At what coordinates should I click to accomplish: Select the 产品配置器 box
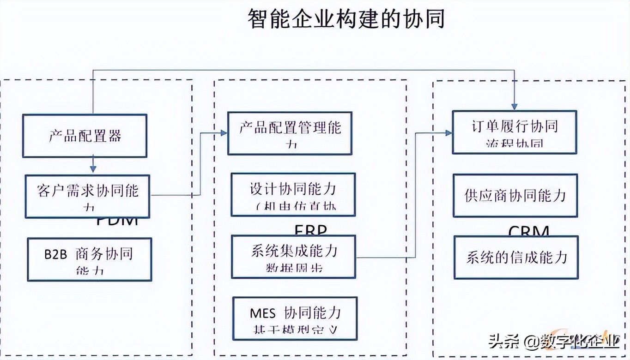(85, 136)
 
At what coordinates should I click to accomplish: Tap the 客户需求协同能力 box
(87, 196)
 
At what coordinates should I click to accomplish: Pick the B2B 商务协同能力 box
(89, 259)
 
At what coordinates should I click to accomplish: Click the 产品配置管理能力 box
(290, 133)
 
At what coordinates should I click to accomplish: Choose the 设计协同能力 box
(293, 194)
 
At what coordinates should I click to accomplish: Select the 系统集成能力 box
(293, 257)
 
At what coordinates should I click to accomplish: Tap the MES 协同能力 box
(295, 318)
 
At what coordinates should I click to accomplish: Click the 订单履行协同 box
(514, 132)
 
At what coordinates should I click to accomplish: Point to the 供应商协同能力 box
(515, 195)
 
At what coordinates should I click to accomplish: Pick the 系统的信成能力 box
(516, 258)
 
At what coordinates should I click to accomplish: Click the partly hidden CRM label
(529, 230)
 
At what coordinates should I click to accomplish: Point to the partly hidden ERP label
(310, 229)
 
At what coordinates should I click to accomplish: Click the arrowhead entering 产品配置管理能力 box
(224, 133)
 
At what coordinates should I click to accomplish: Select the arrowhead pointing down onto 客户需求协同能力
(93, 170)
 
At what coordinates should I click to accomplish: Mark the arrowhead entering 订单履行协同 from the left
(448, 133)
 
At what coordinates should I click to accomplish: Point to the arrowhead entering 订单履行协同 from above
(514, 107)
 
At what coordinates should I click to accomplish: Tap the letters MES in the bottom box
(262, 313)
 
